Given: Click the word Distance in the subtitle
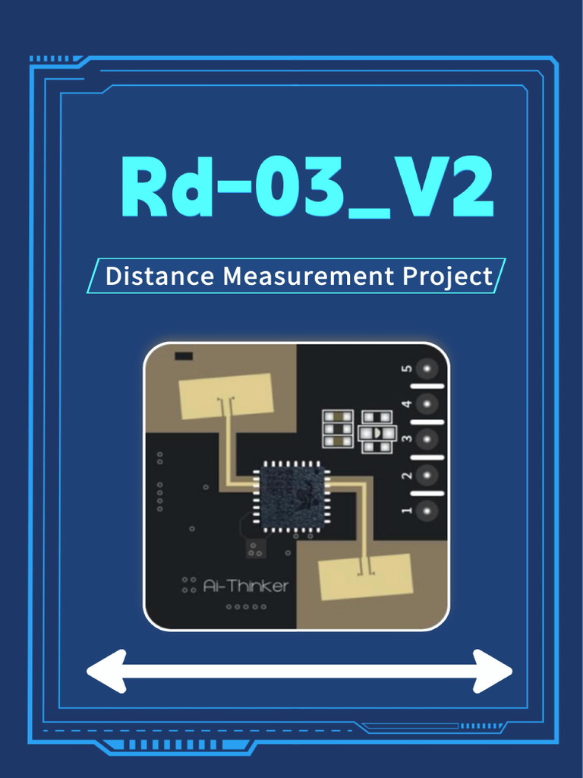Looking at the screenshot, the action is pos(159,275).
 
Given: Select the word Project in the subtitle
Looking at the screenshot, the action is pos(448,277).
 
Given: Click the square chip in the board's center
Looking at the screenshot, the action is pos(292,497).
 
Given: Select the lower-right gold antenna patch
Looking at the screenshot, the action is pos(365,577).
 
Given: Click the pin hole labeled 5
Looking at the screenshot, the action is pos(427,368).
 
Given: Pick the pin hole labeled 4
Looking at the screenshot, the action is pos(427,404).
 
